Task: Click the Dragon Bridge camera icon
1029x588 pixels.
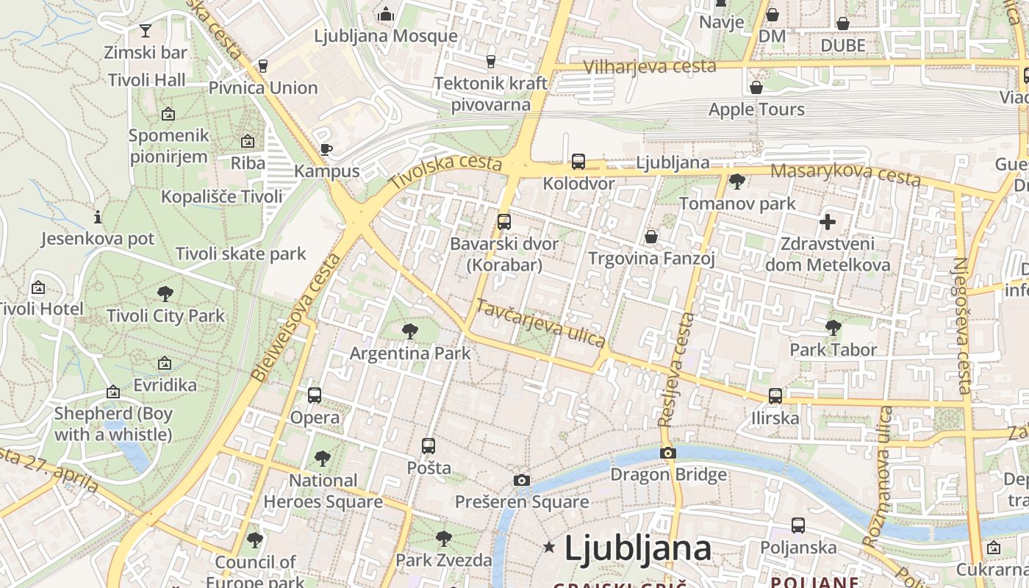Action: [667, 453]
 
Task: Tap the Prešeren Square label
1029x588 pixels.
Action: [522, 502]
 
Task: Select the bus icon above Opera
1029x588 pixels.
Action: [315, 395]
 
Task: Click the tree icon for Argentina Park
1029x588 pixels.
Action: [410, 331]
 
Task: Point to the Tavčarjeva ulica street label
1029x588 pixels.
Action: [540, 323]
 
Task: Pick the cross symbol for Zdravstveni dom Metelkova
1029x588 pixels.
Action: [828, 222]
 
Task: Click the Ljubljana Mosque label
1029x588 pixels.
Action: [386, 36]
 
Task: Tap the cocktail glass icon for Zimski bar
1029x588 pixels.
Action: [146, 30]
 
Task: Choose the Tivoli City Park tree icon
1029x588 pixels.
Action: [165, 294]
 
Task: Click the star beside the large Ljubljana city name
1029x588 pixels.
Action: [548, 547]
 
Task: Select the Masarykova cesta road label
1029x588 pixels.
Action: [845, 175]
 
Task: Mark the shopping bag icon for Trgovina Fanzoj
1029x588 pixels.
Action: [651, 237]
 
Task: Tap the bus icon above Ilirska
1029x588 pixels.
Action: [775, 396]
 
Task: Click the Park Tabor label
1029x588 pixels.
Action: [833, 350]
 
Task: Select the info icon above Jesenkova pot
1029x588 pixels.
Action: [98, 217]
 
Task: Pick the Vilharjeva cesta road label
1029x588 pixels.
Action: [650, 66]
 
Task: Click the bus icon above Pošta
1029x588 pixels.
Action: [429, 446]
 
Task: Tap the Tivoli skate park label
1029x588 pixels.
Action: [240, 254]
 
